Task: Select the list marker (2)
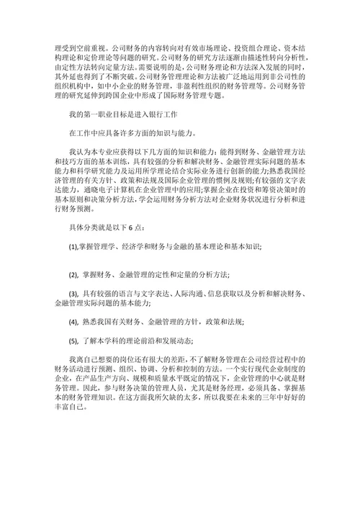tap(73, 274)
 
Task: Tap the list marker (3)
tap(73, 294)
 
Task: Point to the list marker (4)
tap(73, 321)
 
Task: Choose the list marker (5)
tap(73, 341)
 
